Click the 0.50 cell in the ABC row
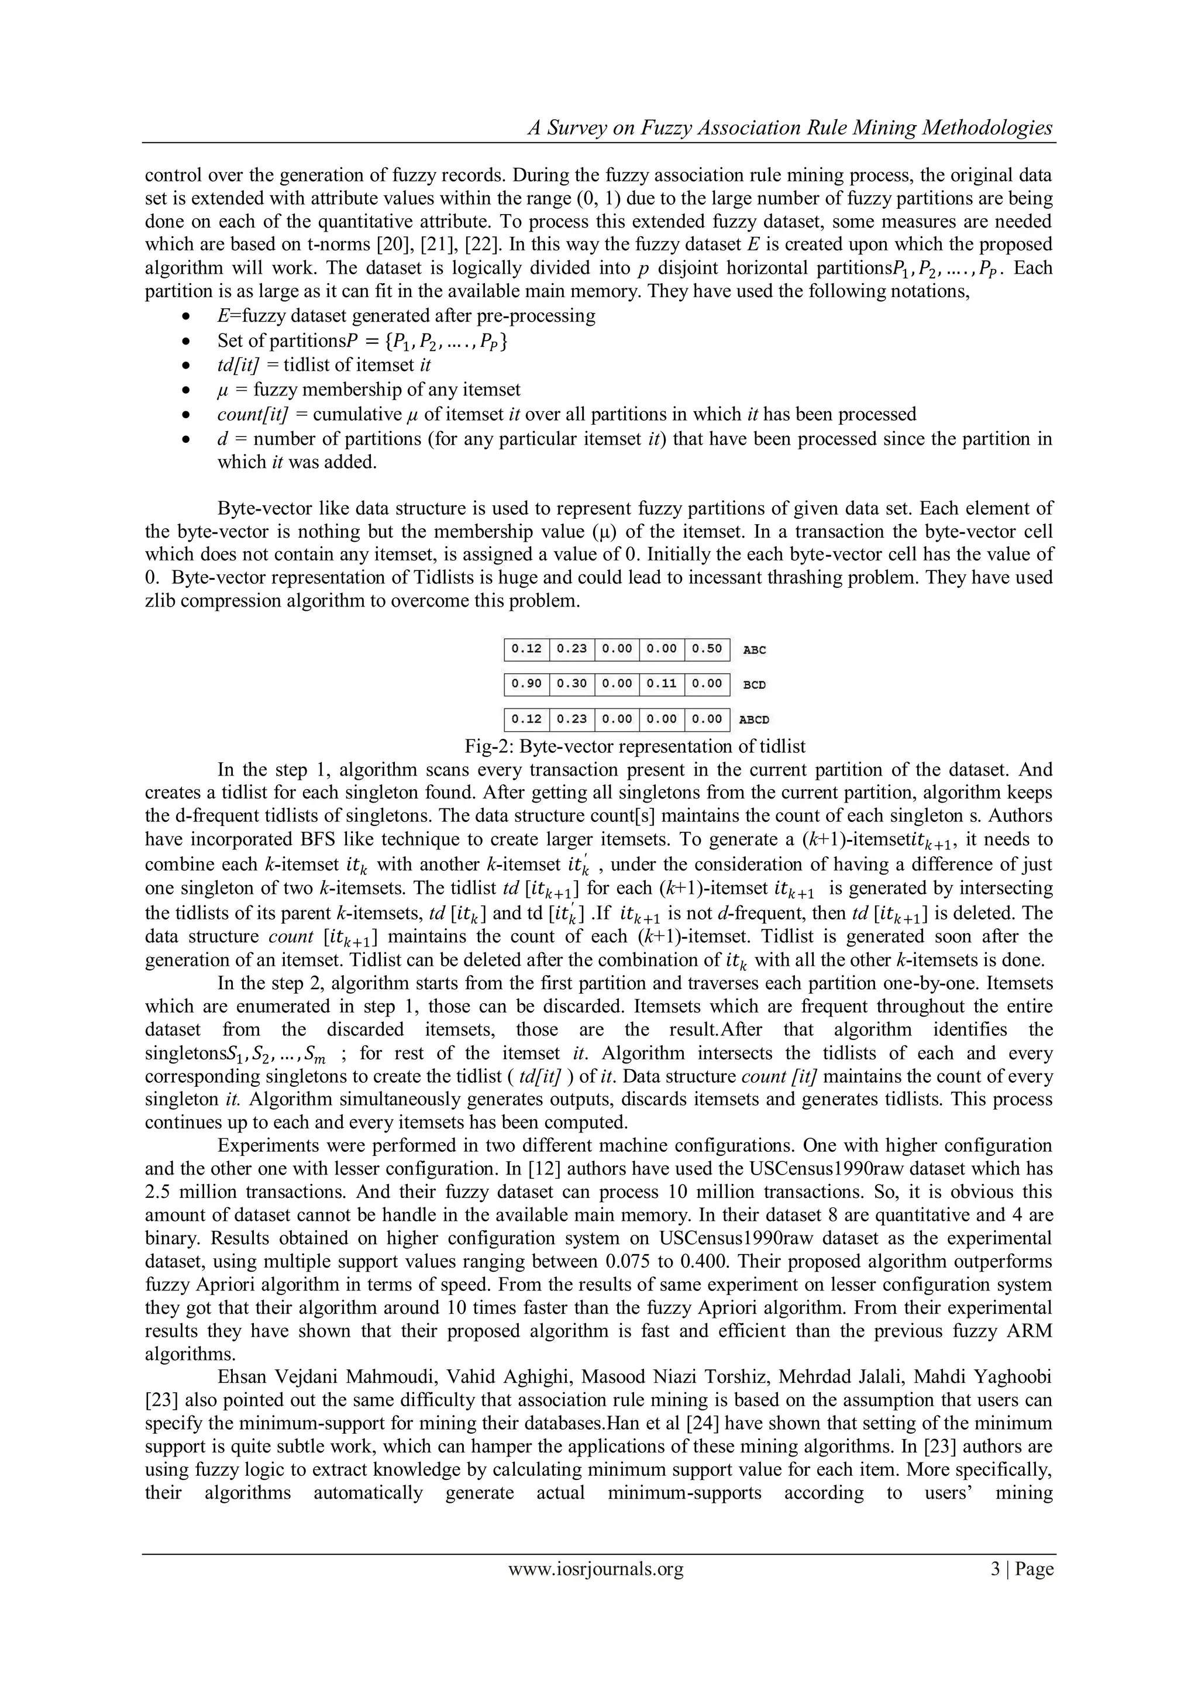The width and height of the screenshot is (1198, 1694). [707, 649]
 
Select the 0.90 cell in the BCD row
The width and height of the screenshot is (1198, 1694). [526, 684]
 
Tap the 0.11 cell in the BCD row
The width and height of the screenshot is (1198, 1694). [662, 684]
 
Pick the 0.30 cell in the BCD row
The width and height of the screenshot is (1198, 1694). [572, 684]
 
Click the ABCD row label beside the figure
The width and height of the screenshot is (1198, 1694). [753, 719]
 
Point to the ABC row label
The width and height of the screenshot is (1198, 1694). [754, 650]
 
